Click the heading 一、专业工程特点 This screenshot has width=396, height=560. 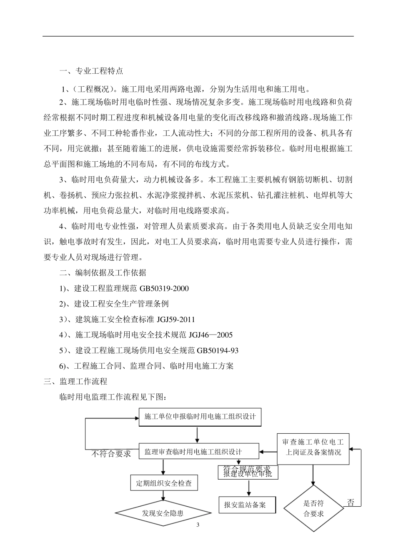[91, 71]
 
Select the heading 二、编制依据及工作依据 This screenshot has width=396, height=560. [103, 273]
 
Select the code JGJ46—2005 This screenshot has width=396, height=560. [211, 335]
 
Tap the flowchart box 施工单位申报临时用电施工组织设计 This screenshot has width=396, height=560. [200, 417]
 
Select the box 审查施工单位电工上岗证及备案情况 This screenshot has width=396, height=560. [313, 447]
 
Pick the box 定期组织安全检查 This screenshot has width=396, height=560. [164, 483]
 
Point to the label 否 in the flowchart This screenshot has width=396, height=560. [351, 502]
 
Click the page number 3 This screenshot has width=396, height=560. [198, 525]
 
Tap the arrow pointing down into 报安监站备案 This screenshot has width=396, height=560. [249, 488]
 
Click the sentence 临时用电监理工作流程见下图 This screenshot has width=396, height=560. [113, 397]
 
